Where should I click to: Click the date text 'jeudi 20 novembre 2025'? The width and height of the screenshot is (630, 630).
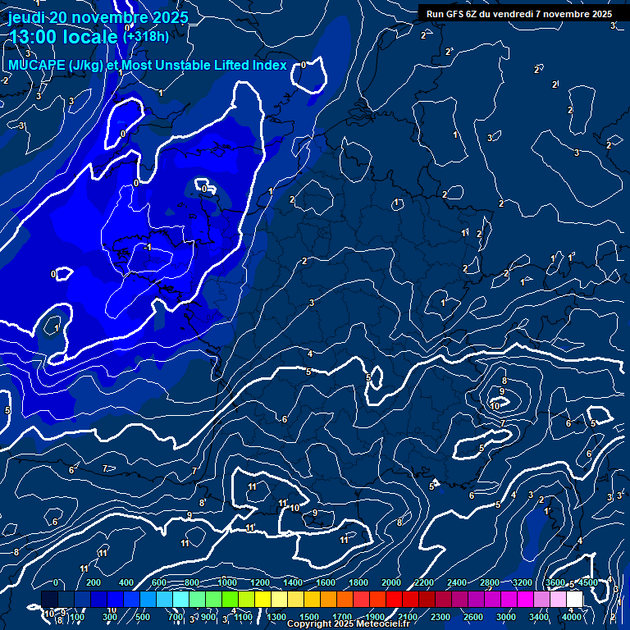click(x=98, y=17)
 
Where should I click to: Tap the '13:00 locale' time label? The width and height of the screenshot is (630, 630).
click(x=63, y=37)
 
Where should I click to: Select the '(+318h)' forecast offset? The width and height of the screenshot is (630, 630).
click(x=146, y=36)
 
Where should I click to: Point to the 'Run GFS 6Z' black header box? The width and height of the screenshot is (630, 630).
click(x=519, y=14)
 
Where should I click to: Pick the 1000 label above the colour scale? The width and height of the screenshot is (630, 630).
click(x=226, y=582)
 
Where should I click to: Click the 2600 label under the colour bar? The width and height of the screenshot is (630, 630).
click(x=473, y=617)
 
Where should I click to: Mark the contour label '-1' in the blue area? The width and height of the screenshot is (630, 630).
click(x=148, y=246)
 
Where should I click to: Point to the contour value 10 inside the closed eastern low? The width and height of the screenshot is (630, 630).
click(x=495, y=406)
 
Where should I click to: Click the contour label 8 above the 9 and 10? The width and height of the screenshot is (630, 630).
click(x=504, y=381)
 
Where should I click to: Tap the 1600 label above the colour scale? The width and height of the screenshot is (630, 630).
click(x=325, y=582)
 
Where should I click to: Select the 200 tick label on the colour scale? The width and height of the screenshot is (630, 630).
click(x=94, y=582)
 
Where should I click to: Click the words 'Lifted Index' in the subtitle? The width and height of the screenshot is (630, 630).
click(x=245, y=66)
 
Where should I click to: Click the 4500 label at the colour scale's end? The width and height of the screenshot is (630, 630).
click(x=587, y=582)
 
